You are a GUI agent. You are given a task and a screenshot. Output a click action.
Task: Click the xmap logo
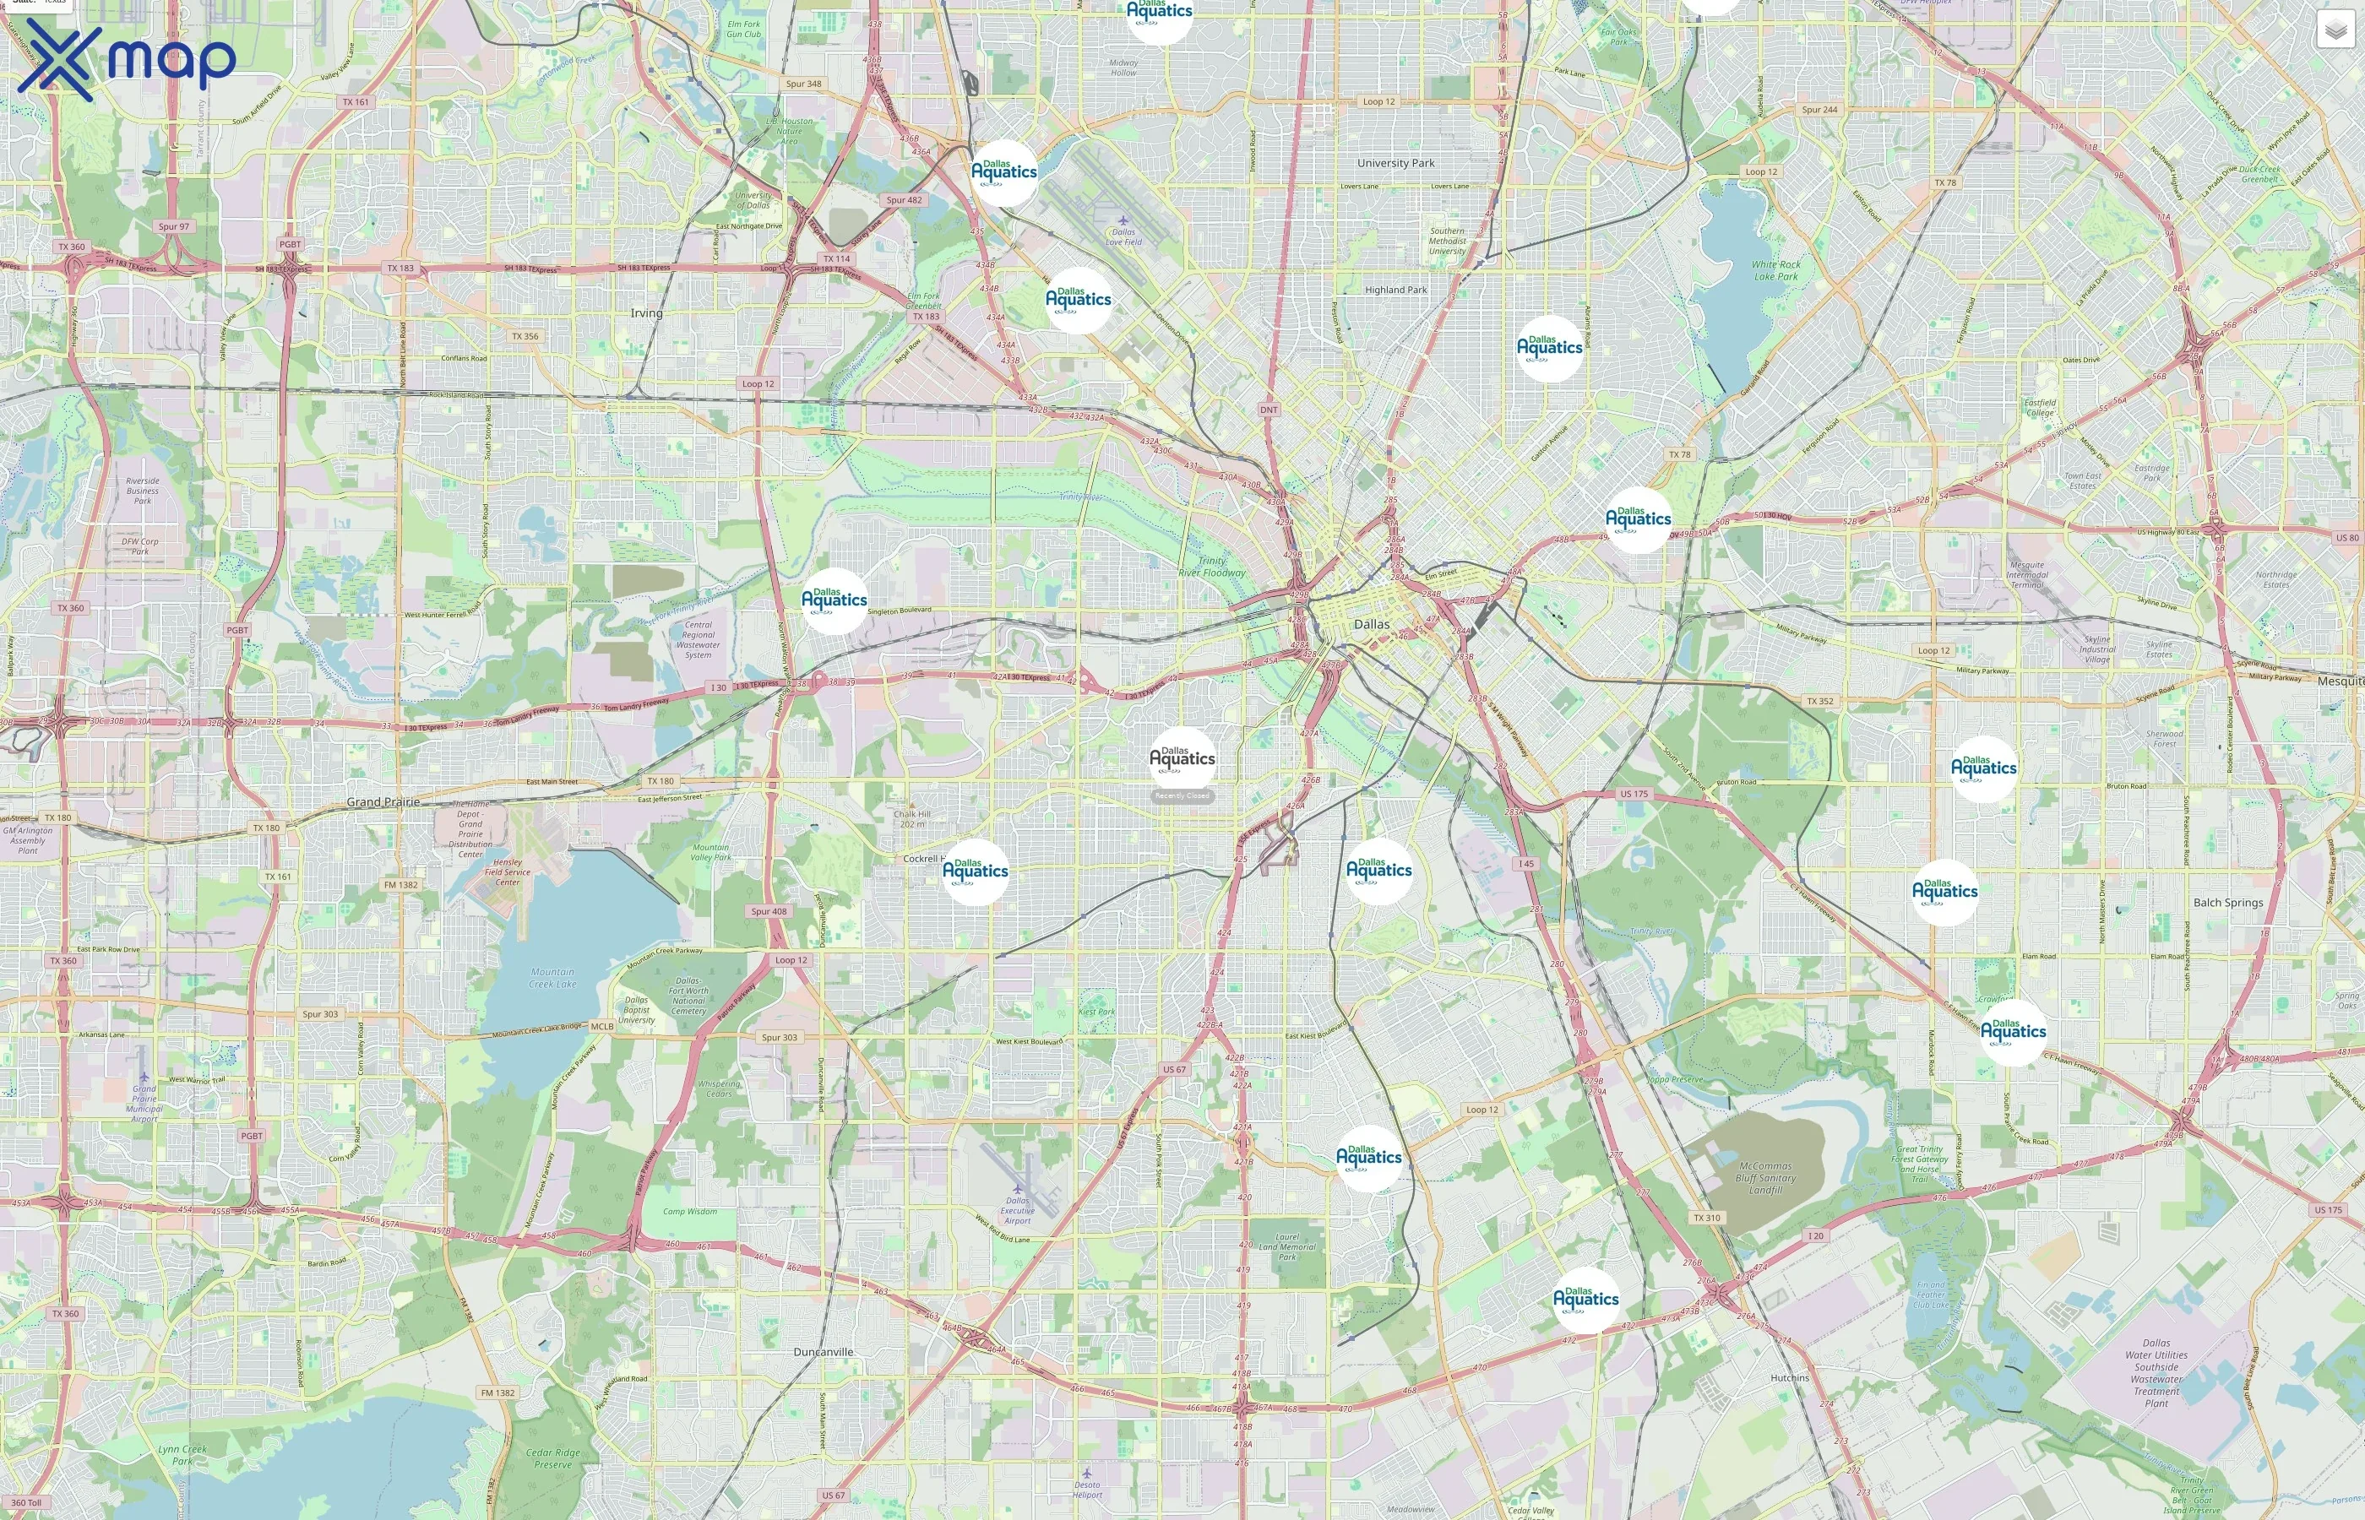(127, 59)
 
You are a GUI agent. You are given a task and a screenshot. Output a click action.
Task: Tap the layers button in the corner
(2335, 30)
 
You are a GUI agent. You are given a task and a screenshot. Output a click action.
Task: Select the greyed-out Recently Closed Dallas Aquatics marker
(1182, 759)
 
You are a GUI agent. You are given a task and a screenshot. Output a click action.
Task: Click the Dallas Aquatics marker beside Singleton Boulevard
(834, 600)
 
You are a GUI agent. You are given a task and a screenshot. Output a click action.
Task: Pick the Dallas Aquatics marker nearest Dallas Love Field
(1078, 299)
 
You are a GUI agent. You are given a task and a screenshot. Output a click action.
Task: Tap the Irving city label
(646, 313)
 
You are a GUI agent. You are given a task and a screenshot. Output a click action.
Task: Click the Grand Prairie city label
(383, 801)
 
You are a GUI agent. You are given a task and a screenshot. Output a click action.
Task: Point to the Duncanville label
(824, 1351)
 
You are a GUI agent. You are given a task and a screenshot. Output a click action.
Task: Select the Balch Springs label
(2228, 902)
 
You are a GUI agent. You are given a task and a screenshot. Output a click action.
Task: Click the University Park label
(1395, 163)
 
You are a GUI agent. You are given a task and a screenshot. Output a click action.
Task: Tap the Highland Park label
(1395, 289)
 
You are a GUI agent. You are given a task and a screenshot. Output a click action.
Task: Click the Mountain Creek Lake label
(552, 977)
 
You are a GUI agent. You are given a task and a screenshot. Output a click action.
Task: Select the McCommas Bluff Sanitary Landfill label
(1764, 1177)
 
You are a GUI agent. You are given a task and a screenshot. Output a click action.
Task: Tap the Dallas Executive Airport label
(1017, 1210)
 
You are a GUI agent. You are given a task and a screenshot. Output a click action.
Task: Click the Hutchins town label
(1790, 1377)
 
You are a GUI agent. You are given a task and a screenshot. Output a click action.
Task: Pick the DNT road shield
(1269, 409)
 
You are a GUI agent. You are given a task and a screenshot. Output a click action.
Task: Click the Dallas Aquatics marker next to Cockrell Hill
(976, 871)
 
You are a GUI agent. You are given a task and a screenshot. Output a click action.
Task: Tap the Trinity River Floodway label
(1211, 566)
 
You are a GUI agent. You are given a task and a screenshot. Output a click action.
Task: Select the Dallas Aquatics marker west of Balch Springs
(1944, 891)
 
